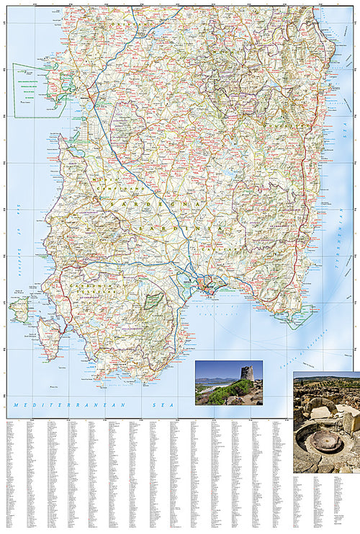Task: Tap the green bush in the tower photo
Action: (229, 393)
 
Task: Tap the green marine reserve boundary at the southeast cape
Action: (302, 317)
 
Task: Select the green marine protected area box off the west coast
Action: (36, 90)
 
